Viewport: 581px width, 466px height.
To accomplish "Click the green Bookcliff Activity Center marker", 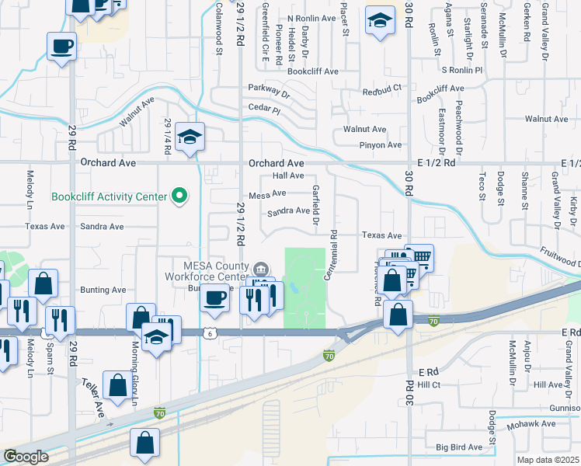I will [x=180, y=196].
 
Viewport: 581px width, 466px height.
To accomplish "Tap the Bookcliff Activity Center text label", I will [x=109, y=196].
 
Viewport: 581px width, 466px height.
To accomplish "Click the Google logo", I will [x=26, y=456].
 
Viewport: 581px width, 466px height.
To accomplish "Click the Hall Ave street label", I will [x=287, y=176].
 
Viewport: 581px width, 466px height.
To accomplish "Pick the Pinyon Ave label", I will [x=380, y=144].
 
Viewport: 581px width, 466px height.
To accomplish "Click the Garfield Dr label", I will [x=316, y=205].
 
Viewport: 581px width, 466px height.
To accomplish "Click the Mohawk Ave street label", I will [x=531, y=424].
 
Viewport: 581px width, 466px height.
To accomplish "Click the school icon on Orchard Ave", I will [x=190, y=137].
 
